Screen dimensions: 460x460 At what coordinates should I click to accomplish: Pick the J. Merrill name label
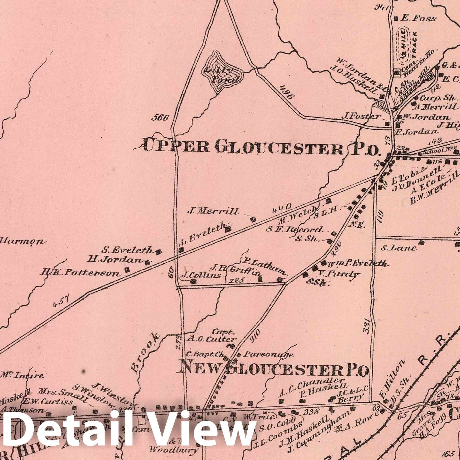(x=213, y=212)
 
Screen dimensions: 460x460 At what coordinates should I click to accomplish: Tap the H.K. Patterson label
(x=80, y=272)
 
